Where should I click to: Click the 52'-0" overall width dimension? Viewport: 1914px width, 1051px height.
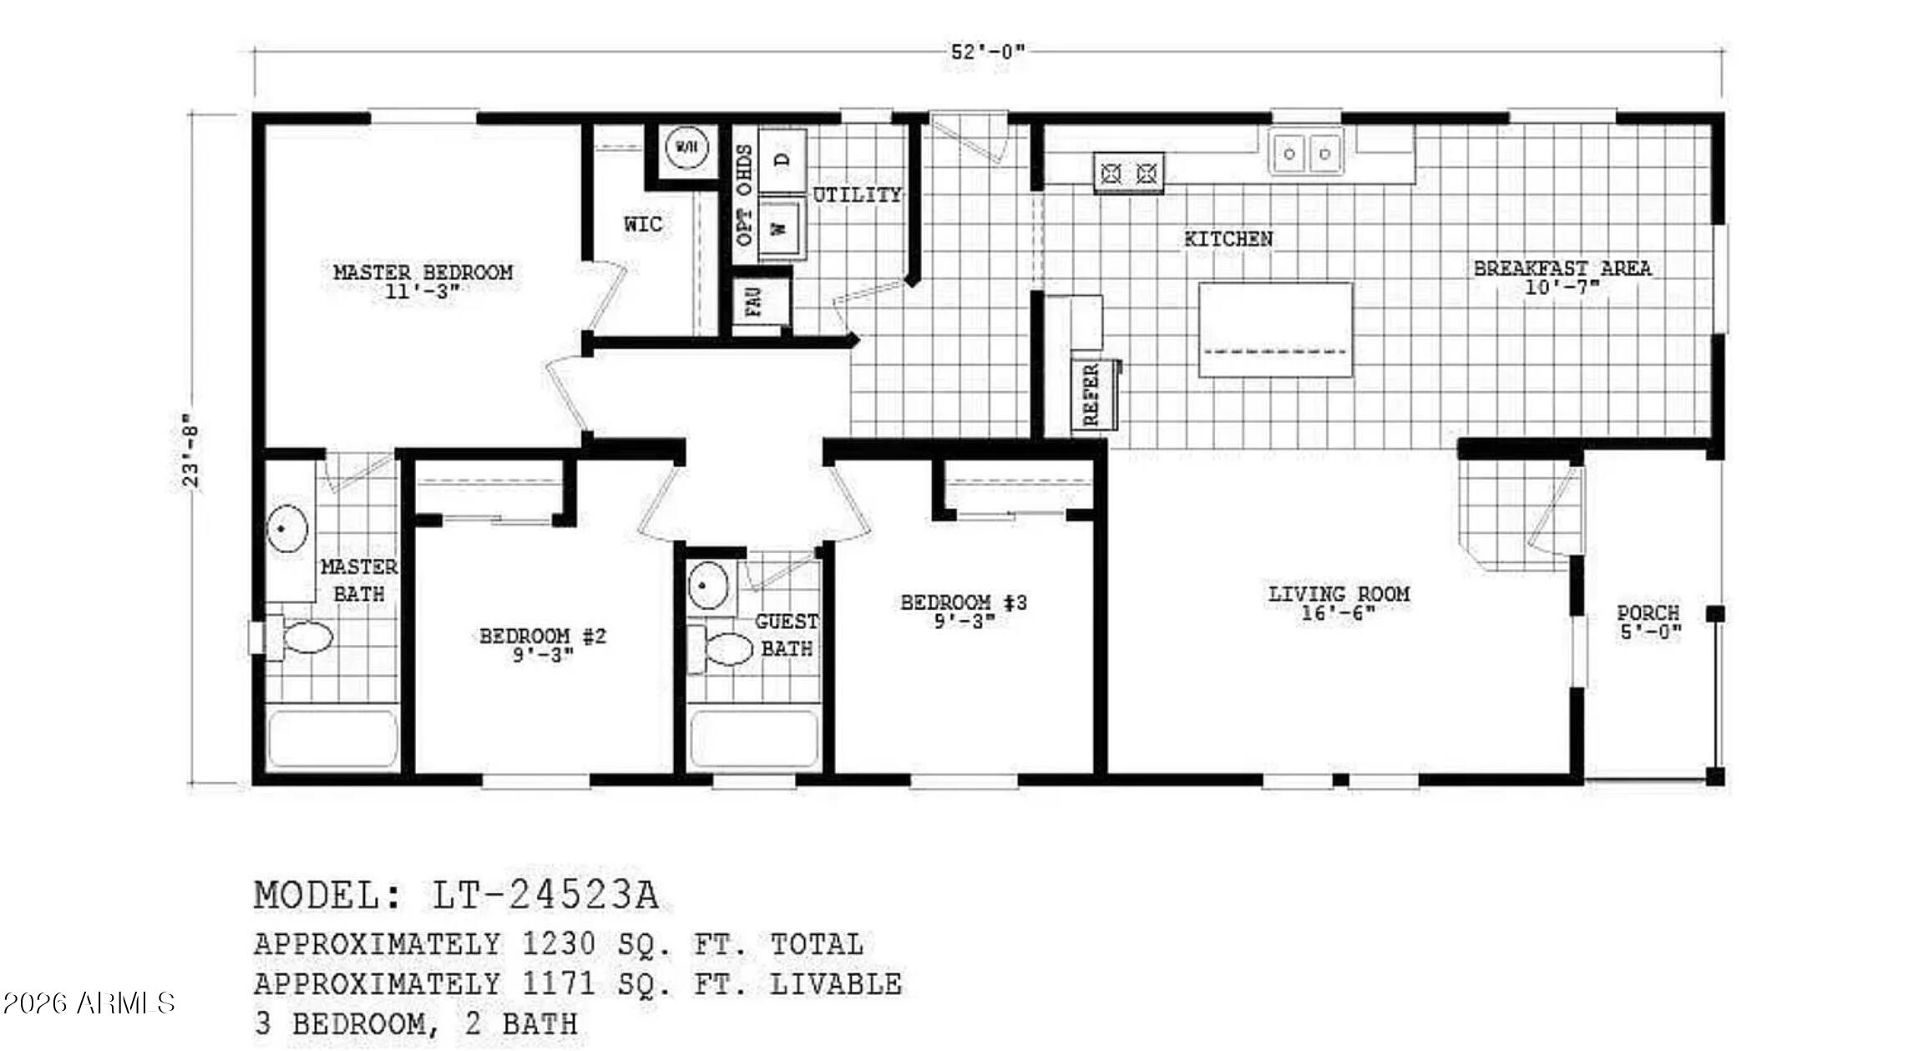point(988,52)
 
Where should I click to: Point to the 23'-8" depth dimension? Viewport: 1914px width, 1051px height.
point(192,450)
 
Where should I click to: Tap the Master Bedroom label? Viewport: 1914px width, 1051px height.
point(423,272)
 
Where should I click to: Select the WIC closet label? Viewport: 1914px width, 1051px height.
point(643,224)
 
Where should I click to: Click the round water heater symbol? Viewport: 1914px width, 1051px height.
point(686,148)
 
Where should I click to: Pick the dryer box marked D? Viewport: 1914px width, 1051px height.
point(782,159)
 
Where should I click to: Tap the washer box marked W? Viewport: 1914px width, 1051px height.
point(781,227)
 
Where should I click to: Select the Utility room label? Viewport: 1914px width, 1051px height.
point(858,195)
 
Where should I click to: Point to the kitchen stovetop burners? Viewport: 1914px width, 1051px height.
point(1129,174)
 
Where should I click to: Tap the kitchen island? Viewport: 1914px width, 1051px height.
point(1275,329)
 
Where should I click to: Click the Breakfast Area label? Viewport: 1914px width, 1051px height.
point(1562,268)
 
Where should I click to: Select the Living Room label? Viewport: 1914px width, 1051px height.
point(1339,594)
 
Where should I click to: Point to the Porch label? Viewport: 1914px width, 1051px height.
point(1648,613)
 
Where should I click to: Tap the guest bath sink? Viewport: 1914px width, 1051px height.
point(708,584)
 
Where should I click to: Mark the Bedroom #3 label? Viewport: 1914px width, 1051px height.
point(964,602)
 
